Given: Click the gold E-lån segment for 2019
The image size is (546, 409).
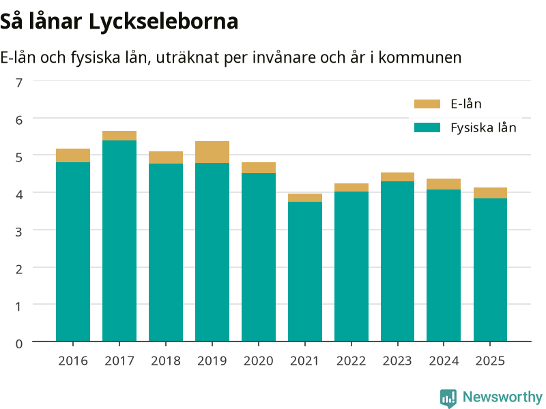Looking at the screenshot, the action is point(212,152).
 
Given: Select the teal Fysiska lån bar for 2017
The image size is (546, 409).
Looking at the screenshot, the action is point(119,241).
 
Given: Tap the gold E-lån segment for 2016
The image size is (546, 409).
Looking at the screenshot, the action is point(73,155).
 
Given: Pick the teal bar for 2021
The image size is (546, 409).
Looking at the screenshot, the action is point(305,271).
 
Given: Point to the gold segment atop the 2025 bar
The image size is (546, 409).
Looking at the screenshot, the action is point(490,193).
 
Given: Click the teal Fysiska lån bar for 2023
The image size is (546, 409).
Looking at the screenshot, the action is point(398,261).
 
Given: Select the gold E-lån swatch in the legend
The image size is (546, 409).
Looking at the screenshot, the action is point(427,104).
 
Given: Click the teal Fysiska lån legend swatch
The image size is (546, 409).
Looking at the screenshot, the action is point(427,127).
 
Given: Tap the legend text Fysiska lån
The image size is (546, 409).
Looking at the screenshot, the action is point(483,128).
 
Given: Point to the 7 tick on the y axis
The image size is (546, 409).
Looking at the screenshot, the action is point(19,82).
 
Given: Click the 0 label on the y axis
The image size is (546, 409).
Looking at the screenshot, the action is point(19,344).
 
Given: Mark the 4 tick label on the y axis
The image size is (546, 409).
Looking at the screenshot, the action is point(19,194).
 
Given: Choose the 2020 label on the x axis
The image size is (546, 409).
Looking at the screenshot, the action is point(259,361).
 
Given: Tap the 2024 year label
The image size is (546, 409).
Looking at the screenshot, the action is point(444,361).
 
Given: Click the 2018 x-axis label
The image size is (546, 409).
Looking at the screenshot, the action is point(166,361).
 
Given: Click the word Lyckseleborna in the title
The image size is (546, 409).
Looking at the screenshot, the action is point(163,22).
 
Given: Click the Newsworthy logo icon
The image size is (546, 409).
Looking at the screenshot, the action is point(448,397).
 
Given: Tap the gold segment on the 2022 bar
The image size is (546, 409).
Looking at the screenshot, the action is point(351,187).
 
